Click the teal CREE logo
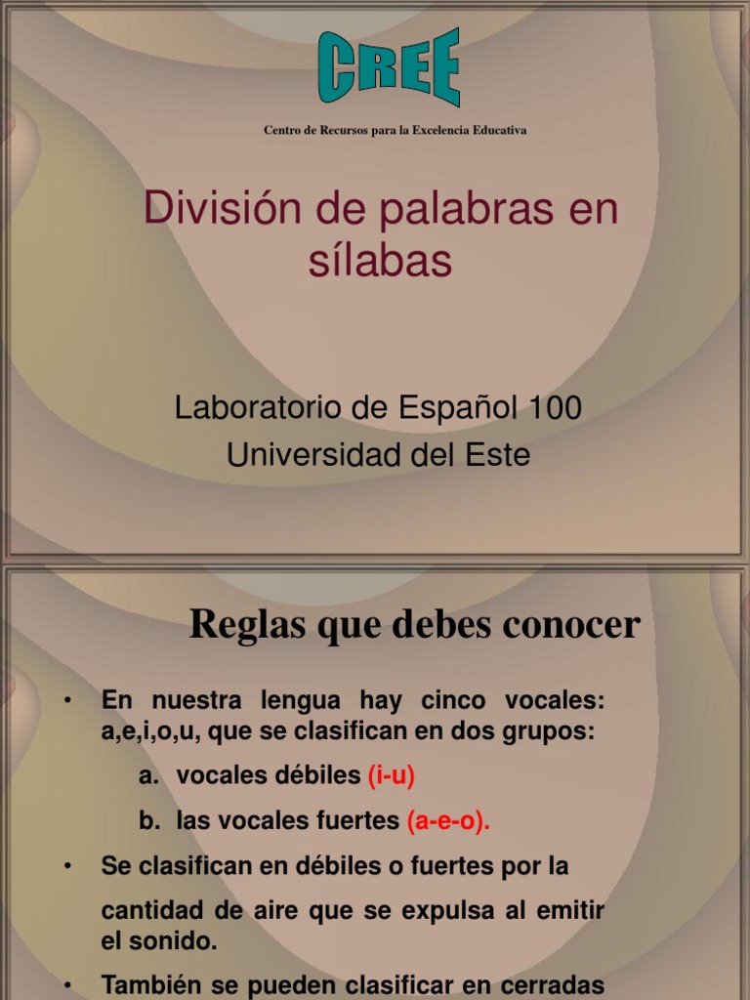(389, 66)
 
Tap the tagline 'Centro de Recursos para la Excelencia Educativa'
(395, 130)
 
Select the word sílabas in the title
(381, 262)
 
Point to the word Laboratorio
(259, 409)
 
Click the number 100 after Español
(554, 409)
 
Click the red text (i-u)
(392, 776)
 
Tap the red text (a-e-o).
(448, 822)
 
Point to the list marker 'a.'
(148, 776)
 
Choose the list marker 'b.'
(148, 822)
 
